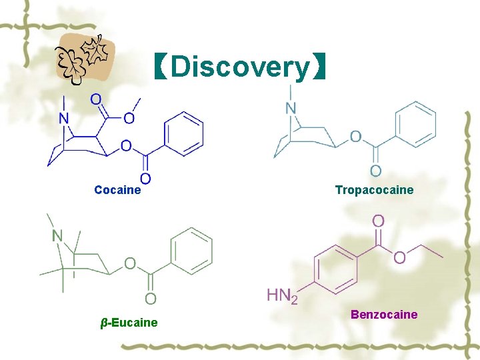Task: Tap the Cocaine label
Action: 117,190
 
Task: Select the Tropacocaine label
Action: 374,190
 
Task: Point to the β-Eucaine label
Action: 129,323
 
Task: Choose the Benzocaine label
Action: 384,314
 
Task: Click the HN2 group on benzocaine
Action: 282,295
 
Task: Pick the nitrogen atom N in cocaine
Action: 64,119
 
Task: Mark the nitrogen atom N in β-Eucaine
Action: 57,235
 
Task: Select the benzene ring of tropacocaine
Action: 415,124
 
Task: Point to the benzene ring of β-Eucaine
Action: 192,251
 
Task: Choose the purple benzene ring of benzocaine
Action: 337,269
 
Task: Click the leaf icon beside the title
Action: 85,57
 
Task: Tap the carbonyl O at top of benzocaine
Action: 377,220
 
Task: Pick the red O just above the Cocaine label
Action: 145,178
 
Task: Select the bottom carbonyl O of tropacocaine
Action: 375,172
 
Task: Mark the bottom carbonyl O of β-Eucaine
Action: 151,298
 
